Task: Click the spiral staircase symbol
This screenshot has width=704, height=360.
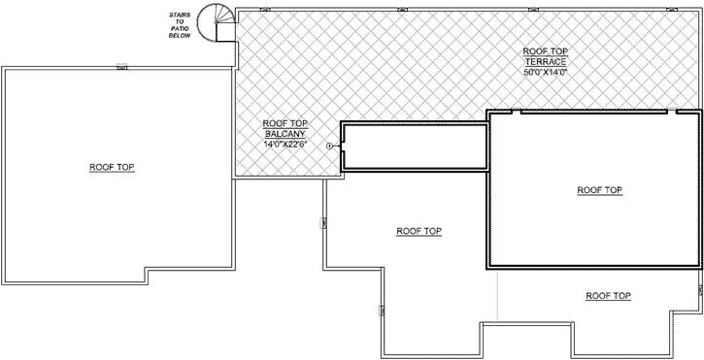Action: [215, 21]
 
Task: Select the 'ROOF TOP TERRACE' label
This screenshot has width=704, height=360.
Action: [544, 56]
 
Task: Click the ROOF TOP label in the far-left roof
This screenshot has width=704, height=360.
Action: [112, 168]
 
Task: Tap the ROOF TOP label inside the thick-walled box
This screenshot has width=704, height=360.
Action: [599, 190]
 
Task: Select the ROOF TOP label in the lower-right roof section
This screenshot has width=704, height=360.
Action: [609, 295]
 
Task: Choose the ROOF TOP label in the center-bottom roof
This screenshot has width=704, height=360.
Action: [419, 231]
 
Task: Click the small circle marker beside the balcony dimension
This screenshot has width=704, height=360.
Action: [331, 146]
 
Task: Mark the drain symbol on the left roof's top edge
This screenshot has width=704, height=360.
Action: [122, 67]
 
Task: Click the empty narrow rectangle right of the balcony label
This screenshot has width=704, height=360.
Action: [413, 146]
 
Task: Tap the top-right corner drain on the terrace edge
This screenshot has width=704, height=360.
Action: [669, 9]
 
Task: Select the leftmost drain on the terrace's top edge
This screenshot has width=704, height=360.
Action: [267, 9]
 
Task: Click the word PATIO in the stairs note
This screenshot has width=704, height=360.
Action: [179, 30]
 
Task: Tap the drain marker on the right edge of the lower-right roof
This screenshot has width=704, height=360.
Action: [699, 289]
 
